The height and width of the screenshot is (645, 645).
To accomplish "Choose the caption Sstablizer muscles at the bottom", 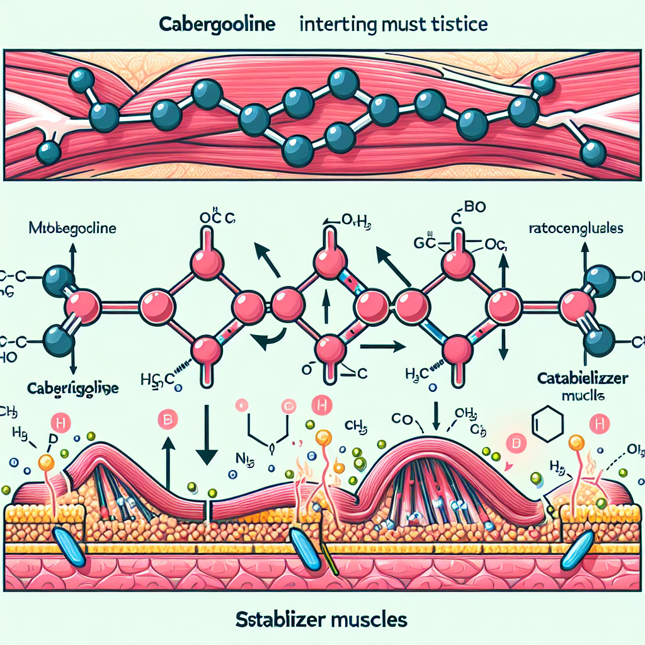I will pos(322,619).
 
